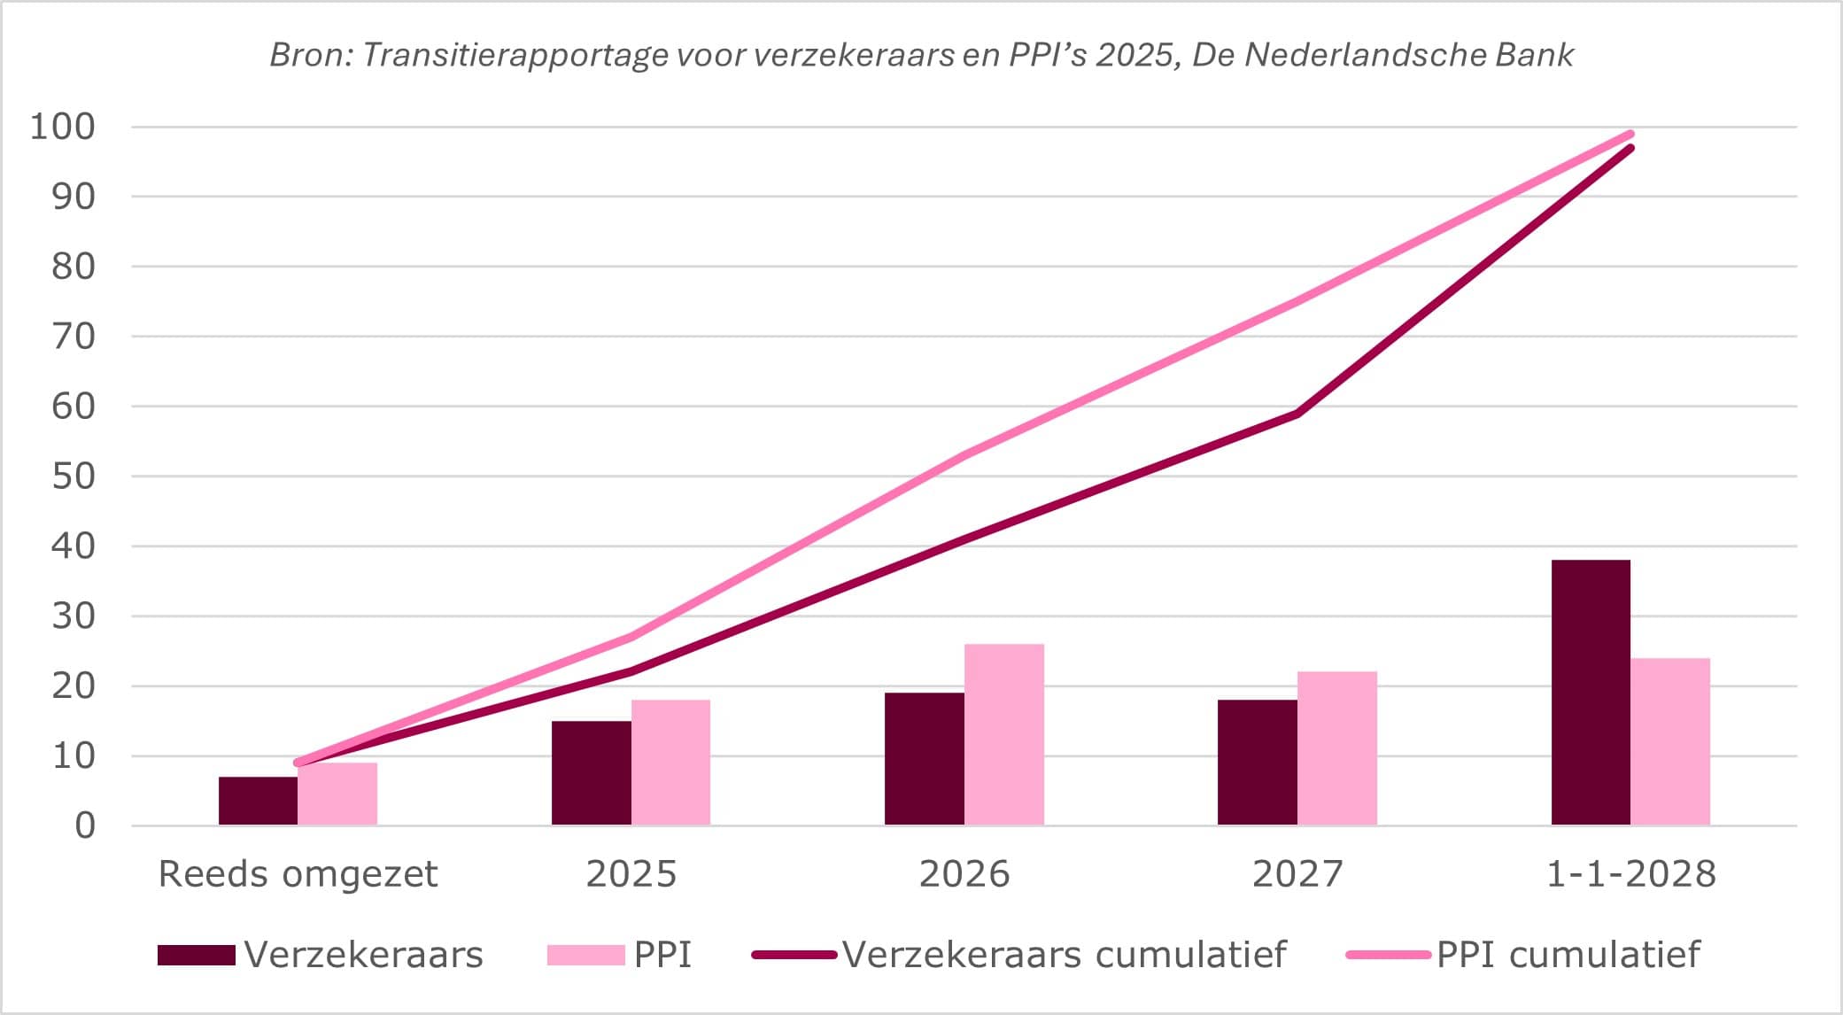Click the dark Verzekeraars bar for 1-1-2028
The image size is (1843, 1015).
[1591, 693]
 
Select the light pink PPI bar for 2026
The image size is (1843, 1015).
[1004, 735]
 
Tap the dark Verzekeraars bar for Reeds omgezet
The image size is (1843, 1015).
[258, 801]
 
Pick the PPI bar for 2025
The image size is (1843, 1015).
[670, 763]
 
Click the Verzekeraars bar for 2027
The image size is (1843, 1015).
[1258, 763]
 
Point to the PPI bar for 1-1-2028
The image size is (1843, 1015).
[1670, 742]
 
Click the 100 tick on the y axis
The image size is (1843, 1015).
[62, 127]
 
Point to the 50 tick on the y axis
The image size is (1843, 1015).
[73, 477]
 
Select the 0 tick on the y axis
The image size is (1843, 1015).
[85, 825]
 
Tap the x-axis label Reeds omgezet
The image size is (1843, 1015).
[298, 874]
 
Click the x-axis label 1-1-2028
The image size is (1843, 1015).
[1630, 874]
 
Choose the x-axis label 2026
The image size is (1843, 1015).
[964, 874]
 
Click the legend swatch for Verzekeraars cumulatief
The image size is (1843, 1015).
[794, 955]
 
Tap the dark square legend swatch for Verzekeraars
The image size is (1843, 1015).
[197, 955]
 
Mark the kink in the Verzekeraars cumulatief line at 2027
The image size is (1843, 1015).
[1297, 413]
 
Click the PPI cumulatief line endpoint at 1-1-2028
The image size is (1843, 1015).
[1630, 135]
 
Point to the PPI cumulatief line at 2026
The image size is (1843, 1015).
[964, 455]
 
